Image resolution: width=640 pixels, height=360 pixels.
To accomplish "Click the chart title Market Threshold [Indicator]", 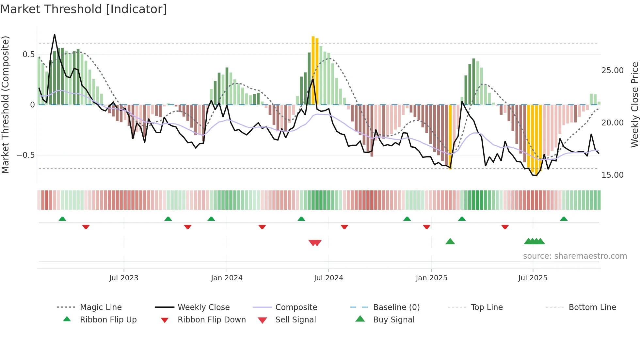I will click(84, 9).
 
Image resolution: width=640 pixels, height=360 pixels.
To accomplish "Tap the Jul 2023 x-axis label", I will click(124, 278).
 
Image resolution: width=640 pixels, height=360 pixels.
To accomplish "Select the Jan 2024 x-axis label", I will click(227, 278).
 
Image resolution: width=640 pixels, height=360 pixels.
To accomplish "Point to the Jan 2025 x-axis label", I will click(431, 278).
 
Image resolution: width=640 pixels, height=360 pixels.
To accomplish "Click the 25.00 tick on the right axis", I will click(612, 71).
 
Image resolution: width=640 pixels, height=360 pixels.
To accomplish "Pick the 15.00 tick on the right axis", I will click(612, 175).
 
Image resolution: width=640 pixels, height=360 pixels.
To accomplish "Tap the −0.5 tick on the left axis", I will click(26, 155).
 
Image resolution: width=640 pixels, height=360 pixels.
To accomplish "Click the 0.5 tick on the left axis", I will click(29, 55).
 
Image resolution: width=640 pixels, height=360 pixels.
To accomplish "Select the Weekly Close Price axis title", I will click(634, 105).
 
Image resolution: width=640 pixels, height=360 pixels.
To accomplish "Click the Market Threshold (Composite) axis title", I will click(5, 105).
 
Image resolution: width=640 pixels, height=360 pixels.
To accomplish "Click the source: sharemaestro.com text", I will click(575, 256).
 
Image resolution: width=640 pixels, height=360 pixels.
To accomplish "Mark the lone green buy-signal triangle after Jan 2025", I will click(450, 241).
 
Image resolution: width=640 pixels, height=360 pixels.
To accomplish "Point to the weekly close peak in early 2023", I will click(55, 34).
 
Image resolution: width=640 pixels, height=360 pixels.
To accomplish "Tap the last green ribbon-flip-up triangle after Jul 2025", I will click(564, 219).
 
